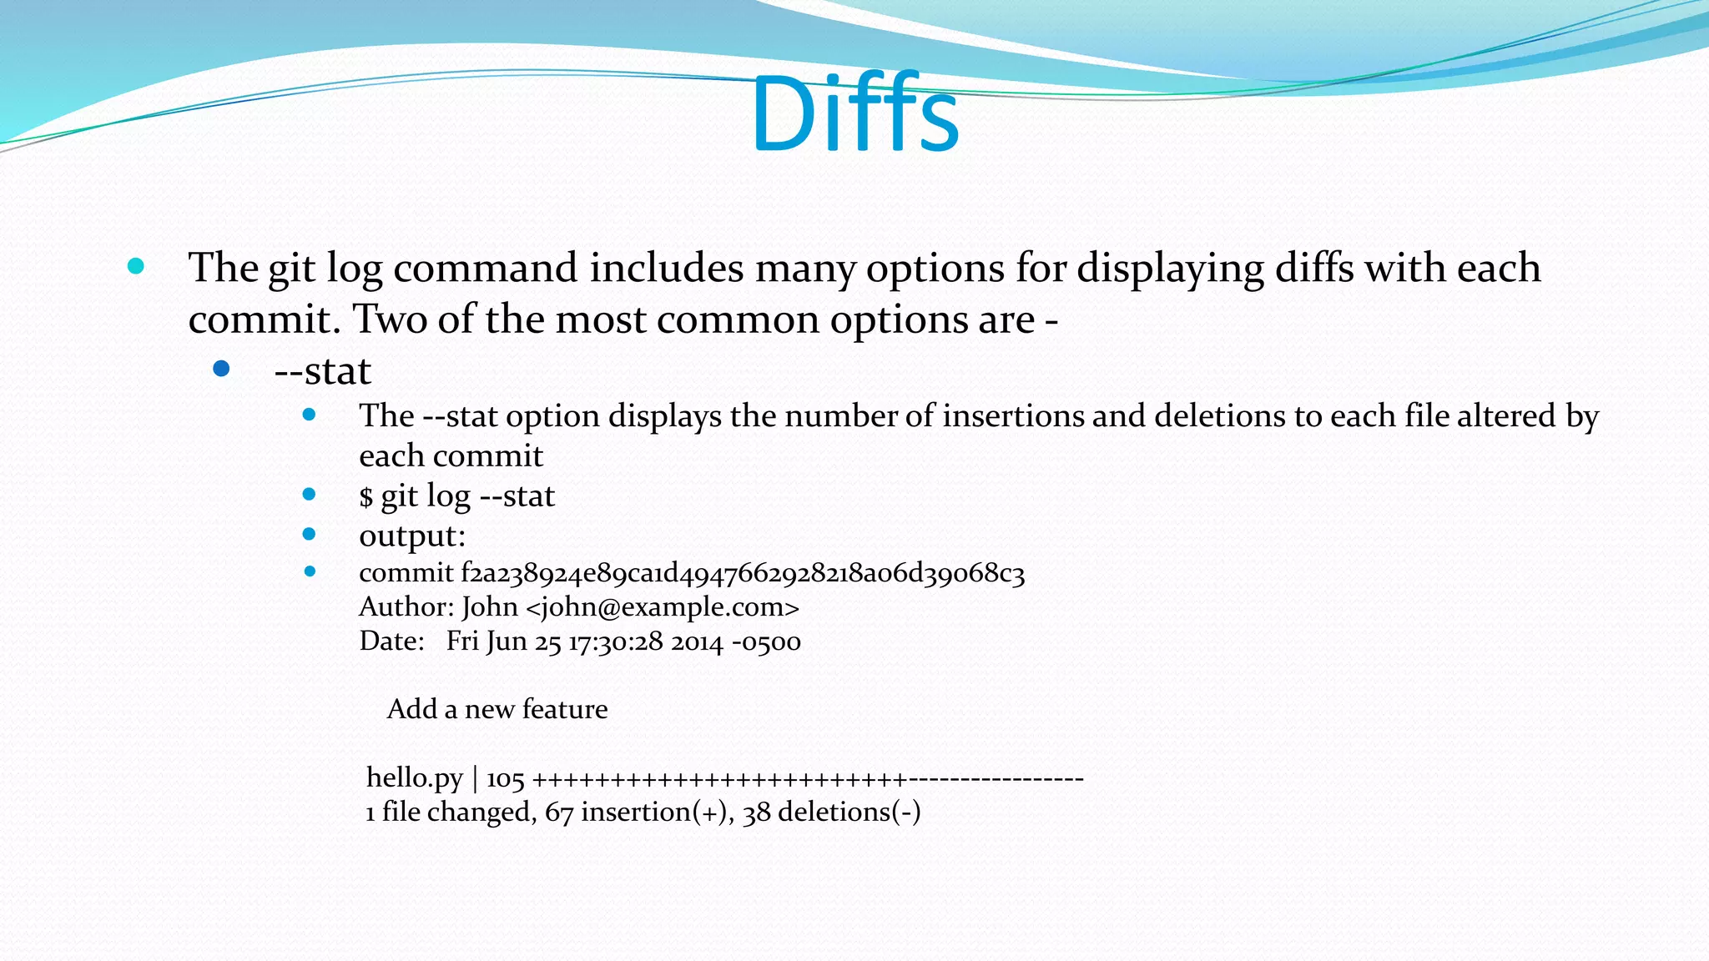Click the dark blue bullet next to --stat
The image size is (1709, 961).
click(221, 369)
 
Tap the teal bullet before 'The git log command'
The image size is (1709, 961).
click(136, 267)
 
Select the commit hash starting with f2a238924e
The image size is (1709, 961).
click(742, 573)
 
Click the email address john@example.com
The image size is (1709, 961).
click(663, 606)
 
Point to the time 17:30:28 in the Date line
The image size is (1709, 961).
click(615, 642)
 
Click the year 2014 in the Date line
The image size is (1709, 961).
click(697, 642)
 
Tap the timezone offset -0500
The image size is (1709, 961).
click(766, 642)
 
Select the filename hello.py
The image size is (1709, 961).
click(414, 778)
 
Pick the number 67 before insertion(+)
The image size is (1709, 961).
click(558, 813)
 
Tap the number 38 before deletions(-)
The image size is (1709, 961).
click(756, 813)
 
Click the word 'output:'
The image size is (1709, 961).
click(412, 536)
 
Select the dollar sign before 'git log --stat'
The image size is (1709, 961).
click(365, 497)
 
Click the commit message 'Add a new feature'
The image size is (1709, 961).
click(497, 709)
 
